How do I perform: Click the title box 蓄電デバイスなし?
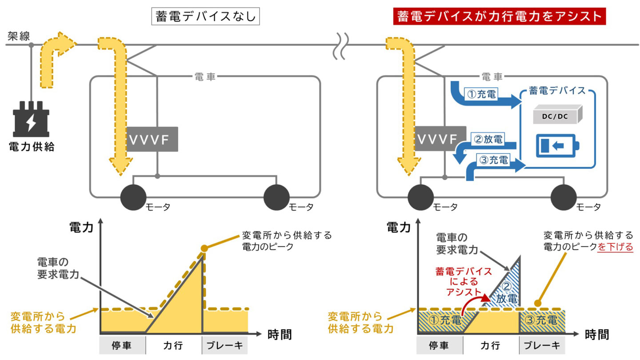pos(205,17)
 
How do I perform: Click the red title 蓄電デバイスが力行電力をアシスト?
pos(500,17)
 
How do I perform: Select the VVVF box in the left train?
pos(152,139)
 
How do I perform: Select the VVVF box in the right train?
pos(438,139)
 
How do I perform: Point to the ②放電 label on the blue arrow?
pos(488,140)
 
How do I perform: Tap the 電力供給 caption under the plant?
pos(32,147)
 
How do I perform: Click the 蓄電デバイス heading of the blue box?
pos(557,91)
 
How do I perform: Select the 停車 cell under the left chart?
pos(122,345)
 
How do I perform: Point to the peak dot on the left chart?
pos(204,248)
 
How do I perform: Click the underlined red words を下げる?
pos(615,248)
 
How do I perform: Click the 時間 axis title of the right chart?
pos(596,335)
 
